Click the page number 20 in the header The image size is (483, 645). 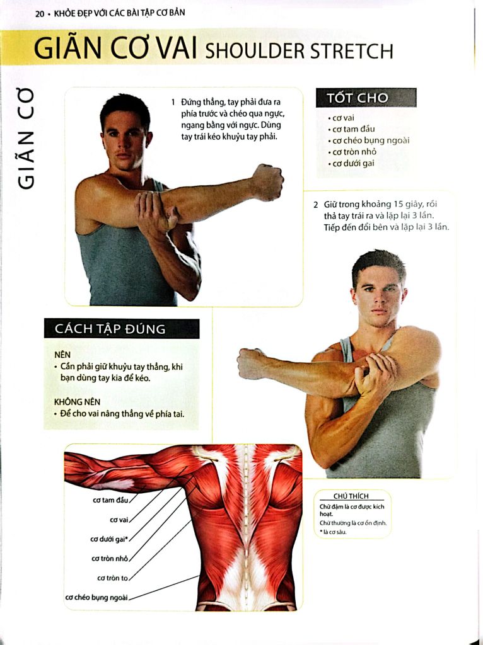[x=40, y=14]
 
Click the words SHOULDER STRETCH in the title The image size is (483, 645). [x=299, y=51]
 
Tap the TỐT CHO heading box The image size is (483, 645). [x=366, y=98]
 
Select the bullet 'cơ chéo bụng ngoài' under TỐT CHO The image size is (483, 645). [x=369, y=140]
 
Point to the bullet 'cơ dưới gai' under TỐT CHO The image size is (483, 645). [x=351, y=163]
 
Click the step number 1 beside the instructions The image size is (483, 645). [x=173, y=102]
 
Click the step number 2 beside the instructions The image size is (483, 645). [x=316, y=205]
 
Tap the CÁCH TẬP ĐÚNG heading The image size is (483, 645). [x=110, y=329]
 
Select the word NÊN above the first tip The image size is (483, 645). [x=62, y=355]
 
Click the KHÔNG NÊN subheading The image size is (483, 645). [x=77, y=402]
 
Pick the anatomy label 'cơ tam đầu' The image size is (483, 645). [x=110, y=500]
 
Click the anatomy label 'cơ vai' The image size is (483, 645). [x=119, y=520]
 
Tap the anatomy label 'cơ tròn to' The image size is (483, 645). [x=112, y=578]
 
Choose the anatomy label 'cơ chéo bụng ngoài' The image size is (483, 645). [x=96, y=598]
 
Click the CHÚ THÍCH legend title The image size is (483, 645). [x=351, y=496]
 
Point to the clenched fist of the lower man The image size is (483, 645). [x=252, y=363]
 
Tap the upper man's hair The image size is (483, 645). [x=125, y=108]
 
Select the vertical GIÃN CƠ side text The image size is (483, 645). [x=25, y=139]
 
